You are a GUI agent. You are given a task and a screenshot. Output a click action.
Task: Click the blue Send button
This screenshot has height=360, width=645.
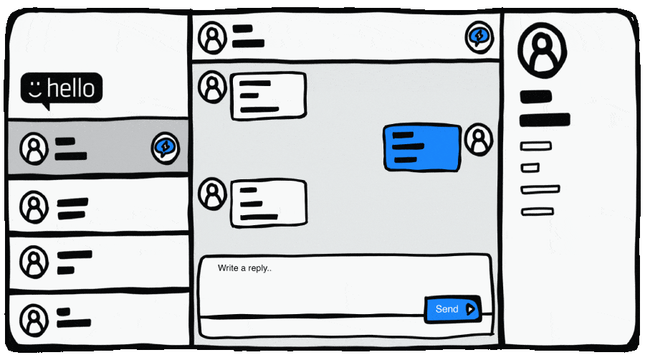tap(451, 309)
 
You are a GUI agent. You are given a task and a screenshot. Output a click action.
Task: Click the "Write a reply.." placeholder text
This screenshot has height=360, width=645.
tap(244, 268)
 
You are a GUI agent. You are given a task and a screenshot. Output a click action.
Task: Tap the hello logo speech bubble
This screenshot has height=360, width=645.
tap(62, 89)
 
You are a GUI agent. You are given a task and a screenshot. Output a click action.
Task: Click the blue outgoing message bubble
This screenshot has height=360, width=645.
tap(421, 147)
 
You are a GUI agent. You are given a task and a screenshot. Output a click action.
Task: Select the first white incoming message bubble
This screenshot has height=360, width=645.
tap(267, 96)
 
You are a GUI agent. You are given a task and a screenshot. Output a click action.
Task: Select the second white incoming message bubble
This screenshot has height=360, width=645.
tap(267, 203)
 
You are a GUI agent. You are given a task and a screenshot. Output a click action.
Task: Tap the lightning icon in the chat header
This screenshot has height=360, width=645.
tap(478, 36)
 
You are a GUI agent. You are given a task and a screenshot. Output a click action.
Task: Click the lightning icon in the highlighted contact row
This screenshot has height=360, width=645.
tap(166, 148)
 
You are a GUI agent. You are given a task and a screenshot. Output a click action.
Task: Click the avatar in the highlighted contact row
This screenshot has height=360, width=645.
tap(34, 148)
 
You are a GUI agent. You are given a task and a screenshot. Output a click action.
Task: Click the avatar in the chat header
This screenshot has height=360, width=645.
tap(212, 37)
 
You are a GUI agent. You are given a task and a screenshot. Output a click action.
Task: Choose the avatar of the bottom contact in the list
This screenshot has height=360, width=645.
tap(34, 318)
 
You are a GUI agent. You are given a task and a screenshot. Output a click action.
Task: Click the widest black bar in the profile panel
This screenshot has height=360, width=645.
tap(545, 119)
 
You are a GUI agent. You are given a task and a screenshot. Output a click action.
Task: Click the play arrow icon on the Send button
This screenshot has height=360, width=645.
tap(470, 309)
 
